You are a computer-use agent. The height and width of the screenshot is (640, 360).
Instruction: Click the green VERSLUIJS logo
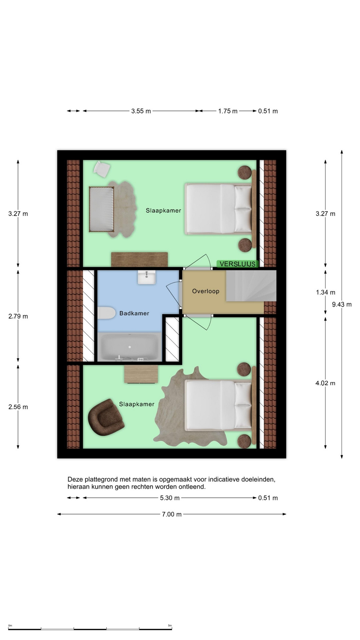click(238, 264)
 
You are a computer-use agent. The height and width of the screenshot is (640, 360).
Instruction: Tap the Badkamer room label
click(134, 313)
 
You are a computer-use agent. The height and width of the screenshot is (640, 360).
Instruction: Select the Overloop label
click(206, 291)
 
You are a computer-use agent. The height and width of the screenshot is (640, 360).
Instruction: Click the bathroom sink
click(147, 277)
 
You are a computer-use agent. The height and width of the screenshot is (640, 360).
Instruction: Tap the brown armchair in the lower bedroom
click(106, 417)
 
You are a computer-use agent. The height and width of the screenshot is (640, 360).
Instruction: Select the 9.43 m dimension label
click(342, 304)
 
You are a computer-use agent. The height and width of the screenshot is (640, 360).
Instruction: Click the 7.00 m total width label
click(172, 514)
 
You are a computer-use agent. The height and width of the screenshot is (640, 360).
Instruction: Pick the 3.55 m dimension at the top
click(141, 111)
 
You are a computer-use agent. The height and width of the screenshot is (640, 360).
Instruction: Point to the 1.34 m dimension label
click(325, 292)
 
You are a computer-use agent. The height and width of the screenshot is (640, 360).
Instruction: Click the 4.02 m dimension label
click(325, 383)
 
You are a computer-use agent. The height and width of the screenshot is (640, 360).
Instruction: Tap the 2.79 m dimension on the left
click(18, 316)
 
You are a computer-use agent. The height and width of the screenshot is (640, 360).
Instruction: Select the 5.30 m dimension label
click(170, 498)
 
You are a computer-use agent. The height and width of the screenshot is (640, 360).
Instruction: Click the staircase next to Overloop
click(251, 286)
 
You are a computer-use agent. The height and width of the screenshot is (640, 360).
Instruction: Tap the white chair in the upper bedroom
click(102, 169)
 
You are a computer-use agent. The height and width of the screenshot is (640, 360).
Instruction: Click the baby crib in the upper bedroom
click(102, 209)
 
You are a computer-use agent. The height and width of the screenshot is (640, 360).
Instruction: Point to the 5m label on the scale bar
click(170, 626)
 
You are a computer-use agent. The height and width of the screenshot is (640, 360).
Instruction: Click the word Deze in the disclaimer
click(74, 480)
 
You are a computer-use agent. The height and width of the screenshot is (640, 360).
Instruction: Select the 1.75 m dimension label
click(228, 111)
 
